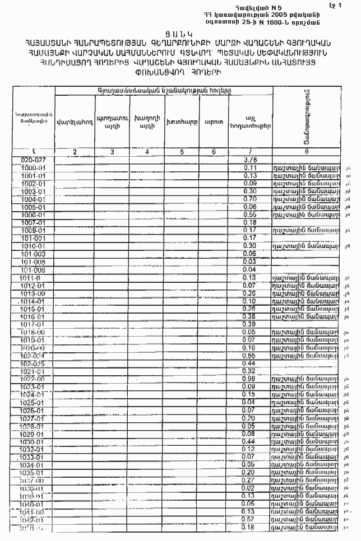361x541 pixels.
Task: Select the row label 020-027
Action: coord(33,160)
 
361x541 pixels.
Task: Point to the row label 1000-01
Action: coord(33,167)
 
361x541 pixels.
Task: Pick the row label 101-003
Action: coord(33,254)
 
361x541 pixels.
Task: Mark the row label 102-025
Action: coord(33,363)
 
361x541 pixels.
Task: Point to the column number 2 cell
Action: coord(75,152)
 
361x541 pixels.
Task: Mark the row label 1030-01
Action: coord(33,441)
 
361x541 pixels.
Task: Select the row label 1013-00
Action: coord(33,293)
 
